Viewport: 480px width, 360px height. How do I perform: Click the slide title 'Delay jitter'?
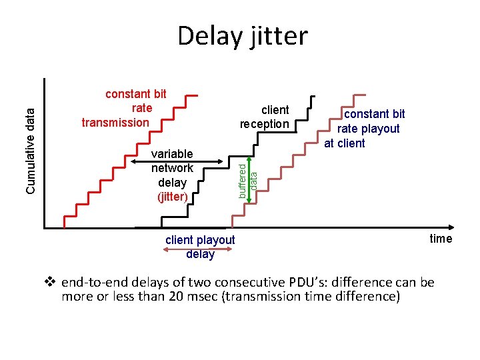243,35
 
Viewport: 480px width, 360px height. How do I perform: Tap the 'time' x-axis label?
441,239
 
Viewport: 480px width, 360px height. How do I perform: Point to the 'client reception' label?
265,117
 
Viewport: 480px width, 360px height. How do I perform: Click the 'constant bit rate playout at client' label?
367,128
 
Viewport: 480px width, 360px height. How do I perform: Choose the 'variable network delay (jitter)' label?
172,175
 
